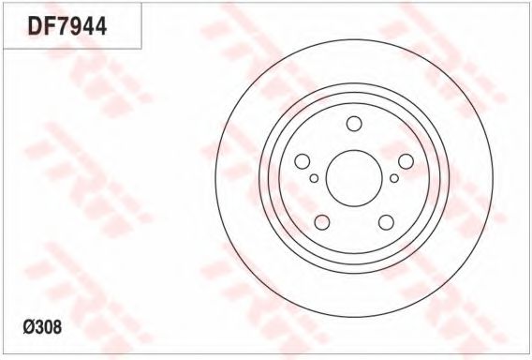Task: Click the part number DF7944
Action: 67,26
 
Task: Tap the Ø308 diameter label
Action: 42,327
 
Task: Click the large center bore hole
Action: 354,178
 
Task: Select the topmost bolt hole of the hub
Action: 354,124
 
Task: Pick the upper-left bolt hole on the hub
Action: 303,161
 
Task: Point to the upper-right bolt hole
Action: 406,161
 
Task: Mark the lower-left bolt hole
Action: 322,222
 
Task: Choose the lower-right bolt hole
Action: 386,222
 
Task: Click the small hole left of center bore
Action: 314,178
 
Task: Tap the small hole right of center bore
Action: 394,178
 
